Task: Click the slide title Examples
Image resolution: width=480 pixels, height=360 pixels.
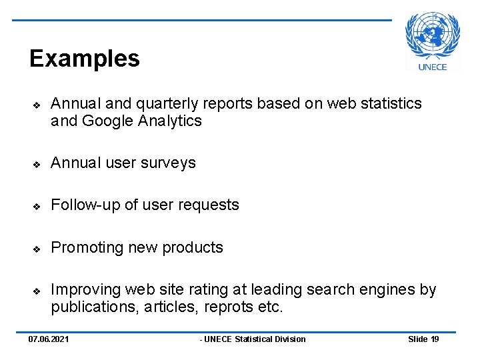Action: pos(85,59)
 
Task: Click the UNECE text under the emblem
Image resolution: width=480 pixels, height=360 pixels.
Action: pos(433,66)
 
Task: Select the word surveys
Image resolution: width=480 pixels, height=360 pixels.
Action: pos(171,163)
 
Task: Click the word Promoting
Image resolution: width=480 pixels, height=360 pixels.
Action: pos(87,247)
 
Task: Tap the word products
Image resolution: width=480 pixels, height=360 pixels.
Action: pos(194,247)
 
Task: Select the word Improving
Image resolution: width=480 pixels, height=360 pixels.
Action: pos(85,290)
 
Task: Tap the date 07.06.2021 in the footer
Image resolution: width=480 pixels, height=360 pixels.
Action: pos(49,339)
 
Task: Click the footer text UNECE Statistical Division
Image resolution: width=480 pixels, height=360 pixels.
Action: pos(254,339)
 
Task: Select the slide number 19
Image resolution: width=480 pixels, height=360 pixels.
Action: pos(435,339)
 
